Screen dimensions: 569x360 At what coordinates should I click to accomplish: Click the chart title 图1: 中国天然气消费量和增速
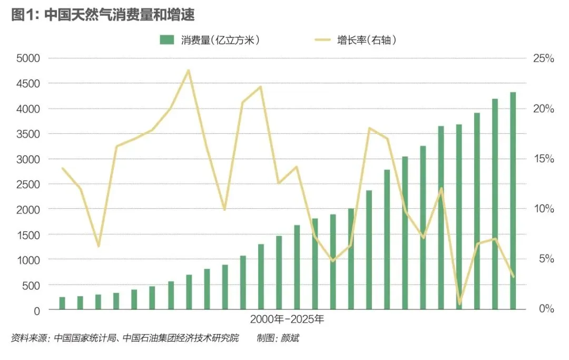103,15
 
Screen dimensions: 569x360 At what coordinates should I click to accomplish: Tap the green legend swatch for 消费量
167,40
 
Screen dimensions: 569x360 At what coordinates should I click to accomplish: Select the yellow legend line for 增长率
322,40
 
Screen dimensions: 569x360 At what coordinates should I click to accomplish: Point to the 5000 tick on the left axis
28,58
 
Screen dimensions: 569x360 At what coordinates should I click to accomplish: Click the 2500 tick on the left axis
28,184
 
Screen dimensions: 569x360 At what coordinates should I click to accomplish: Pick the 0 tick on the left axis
37,311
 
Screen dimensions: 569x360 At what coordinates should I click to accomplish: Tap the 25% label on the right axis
543,58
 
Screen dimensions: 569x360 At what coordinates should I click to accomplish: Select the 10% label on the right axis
543,209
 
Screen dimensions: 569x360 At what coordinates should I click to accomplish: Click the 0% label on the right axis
546,309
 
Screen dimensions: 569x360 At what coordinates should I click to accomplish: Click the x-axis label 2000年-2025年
287,319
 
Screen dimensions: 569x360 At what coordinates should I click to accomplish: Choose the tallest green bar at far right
513,201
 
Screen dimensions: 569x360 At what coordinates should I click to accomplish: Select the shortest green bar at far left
62,303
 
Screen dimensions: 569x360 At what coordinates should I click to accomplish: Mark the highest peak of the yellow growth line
188,70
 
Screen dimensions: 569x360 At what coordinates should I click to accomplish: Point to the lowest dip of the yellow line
459,304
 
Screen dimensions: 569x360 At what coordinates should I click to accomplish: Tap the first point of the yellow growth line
62,168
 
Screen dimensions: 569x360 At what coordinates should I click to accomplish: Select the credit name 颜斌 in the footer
290,338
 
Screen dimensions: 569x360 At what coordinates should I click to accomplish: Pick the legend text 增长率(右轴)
367,40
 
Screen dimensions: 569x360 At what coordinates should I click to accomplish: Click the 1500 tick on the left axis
28,235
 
